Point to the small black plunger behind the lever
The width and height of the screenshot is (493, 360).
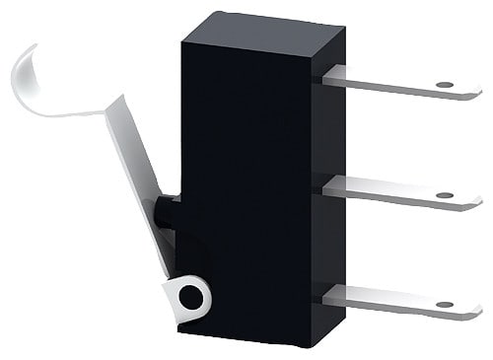click(x=167, y=212)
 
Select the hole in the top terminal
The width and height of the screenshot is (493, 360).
click(x=443, y=85)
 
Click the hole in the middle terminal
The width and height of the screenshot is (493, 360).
click(x=443, y=194)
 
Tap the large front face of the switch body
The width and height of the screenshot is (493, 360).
click(x=246, y=187)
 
